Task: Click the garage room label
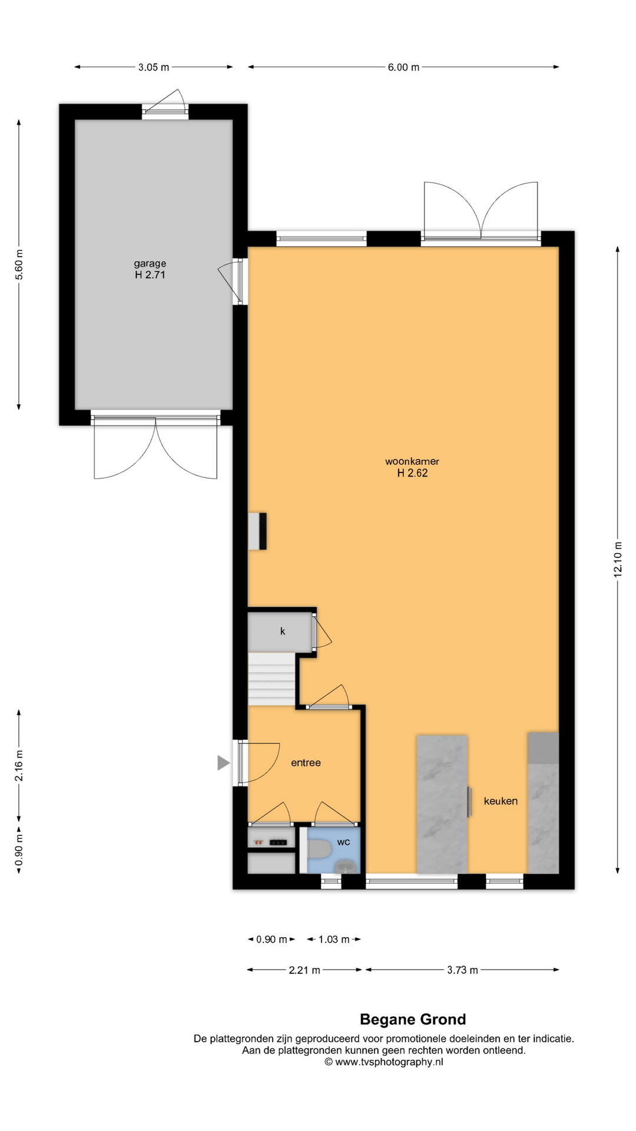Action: click(x=150, y=263)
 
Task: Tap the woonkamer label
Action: click(x=412, y=461)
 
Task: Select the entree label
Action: click(x=306, y=763)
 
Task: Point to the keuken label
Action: click(x=501, y=801)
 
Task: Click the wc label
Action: click(x=343, y=842)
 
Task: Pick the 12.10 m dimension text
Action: click(x=618, y=559)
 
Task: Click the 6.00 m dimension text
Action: click(x=403, y=67)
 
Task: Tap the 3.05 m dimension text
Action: click(x=154, y=67)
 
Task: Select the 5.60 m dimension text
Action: click(x=19, y=264)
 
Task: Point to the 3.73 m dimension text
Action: click(x=462, y=970)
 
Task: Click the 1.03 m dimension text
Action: click(x=334, y=940)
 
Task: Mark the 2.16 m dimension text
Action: click(x=19, y=766)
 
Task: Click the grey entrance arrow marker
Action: click(x=223, y=763)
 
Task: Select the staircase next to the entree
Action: click(x=271, y=679)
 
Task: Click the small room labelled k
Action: click(x=280, y=631)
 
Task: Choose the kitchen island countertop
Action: click(x=442, y=804)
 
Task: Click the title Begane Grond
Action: click(x=413, y=1020)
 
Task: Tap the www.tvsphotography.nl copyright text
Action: click(x=384, y=1062)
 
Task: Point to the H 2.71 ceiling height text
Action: click(x=150, y=275)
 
